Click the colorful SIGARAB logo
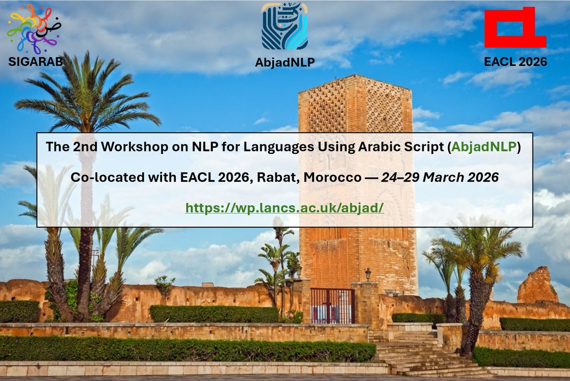32,28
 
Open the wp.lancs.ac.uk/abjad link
285,208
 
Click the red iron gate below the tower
332,305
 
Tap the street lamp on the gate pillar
368,274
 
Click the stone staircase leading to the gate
418,354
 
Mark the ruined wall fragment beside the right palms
537,286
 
